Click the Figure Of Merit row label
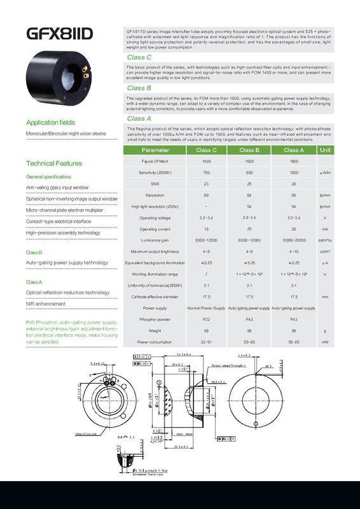tap(156, 163)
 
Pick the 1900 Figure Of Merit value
tap(294, 163)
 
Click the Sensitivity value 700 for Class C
tap(206, 173)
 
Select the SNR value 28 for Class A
tap(294, 184)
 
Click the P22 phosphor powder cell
tap(206, 319)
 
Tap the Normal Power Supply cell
tap(206, 308)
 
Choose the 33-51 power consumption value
tap(206, 342)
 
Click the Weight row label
tap(156, 330)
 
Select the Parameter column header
tap(156, 151)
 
